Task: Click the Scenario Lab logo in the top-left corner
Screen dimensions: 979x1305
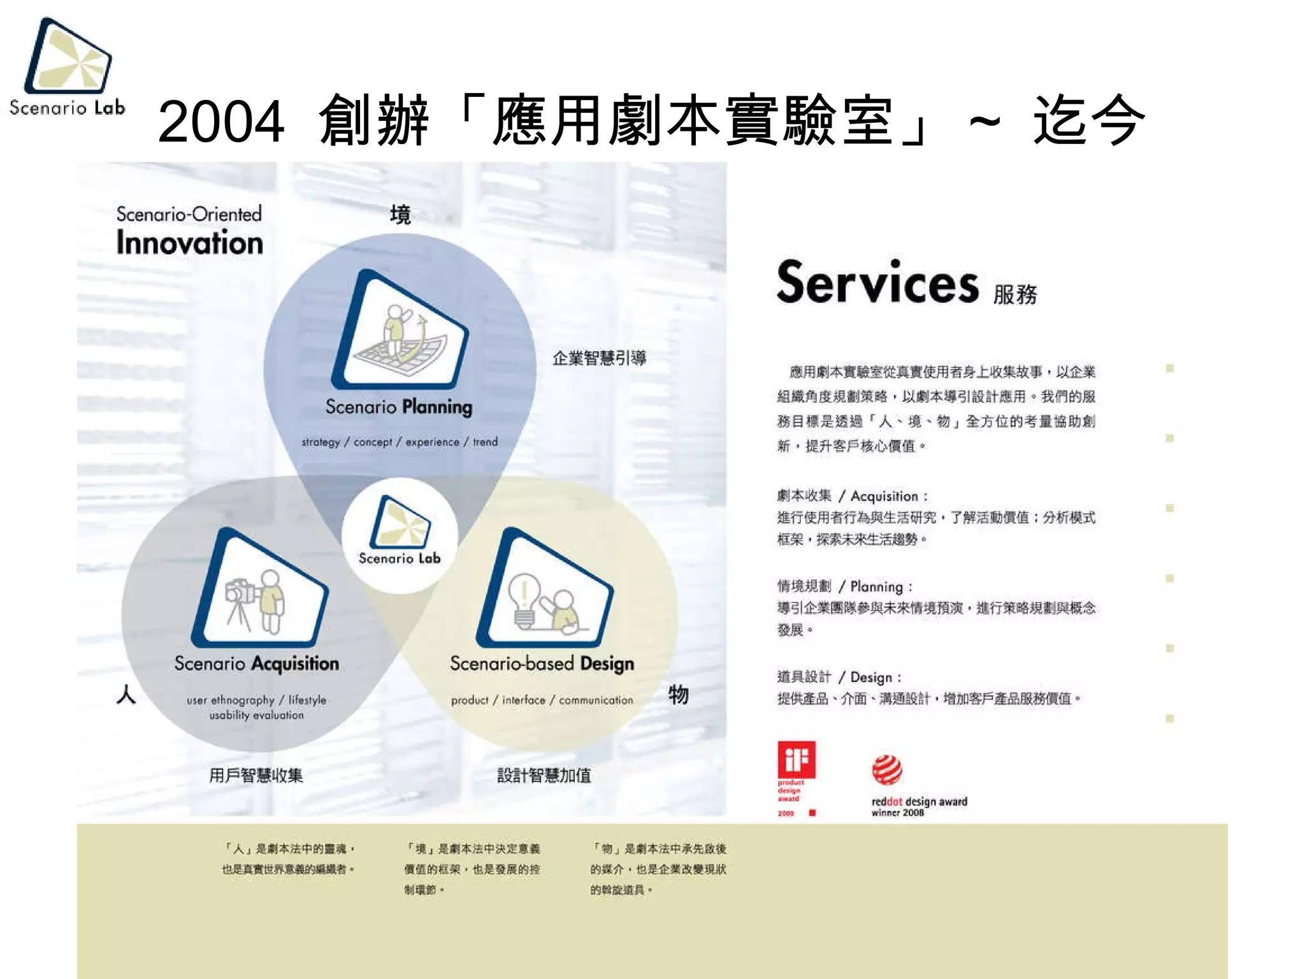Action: tap(68, 67)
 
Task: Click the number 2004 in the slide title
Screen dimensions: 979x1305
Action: tap(220, 121)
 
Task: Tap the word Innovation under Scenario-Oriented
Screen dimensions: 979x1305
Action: tap(189, 243)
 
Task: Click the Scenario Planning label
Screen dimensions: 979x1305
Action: tap(399, 407)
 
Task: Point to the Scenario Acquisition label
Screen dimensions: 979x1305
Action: tap(256, 664)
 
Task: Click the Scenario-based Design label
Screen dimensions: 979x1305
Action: tap(542, 664)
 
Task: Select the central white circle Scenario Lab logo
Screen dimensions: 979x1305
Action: tap(400, 535)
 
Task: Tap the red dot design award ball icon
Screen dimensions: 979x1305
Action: tap(886, 770)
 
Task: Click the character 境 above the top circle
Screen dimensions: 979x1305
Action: tap(400, 215)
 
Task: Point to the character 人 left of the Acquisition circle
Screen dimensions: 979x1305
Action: tap(126, 694)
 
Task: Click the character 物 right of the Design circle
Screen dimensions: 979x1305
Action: tap(678, 694)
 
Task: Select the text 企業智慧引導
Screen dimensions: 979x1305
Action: tap(599, 358)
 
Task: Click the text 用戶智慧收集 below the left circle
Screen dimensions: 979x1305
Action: tap(256, 775)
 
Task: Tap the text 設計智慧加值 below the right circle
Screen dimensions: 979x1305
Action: tap(544, 775)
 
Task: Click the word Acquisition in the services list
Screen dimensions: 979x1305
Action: tap(884, 497)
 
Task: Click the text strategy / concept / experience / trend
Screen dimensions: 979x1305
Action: tap(400, 442)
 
